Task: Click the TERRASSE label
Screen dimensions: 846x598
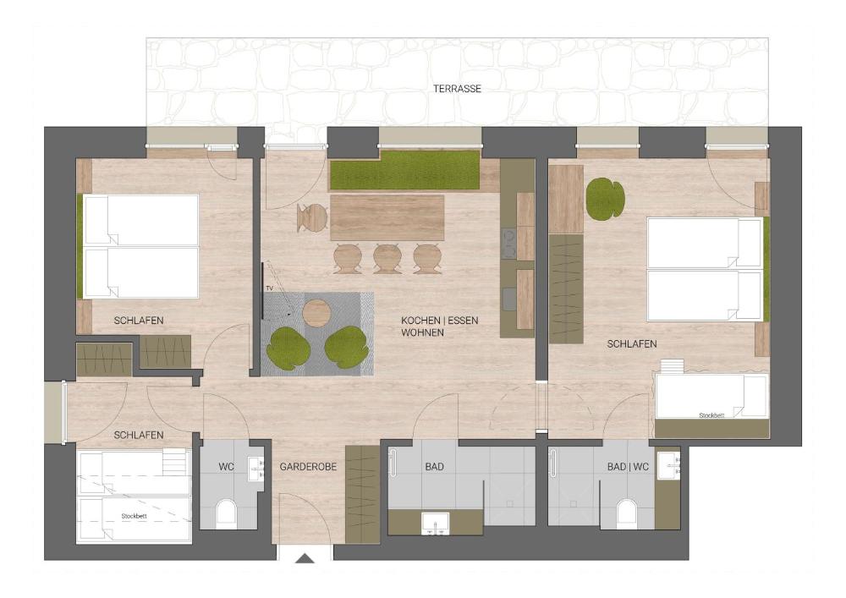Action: [457, 89]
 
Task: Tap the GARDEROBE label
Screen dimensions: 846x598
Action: [308, 466]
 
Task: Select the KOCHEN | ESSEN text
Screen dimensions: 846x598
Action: [439, 321]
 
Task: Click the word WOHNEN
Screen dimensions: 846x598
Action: [422, 332]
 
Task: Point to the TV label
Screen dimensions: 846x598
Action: [269, 289]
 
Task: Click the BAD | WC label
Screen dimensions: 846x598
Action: [628, 466]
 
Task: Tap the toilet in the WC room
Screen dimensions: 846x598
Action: [227, 513]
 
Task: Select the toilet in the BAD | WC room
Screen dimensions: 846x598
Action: [626, 513]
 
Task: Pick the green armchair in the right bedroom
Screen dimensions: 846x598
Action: [606, 199]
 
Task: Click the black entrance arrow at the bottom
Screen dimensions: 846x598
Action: [305, 558]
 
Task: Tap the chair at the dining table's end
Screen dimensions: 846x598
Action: [312, 218]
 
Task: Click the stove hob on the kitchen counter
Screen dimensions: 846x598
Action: [509, 244]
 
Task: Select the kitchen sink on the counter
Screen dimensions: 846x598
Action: [508, 299]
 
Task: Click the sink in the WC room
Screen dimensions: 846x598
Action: [255, 469]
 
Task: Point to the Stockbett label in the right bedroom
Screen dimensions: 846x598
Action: [711, 415]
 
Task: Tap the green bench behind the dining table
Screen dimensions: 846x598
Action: [404, 170]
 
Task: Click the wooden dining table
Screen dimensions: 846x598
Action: [387, 218]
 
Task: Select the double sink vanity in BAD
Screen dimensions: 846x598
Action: [436, 523]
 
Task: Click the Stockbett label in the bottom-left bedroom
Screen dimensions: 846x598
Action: [134, 516]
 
